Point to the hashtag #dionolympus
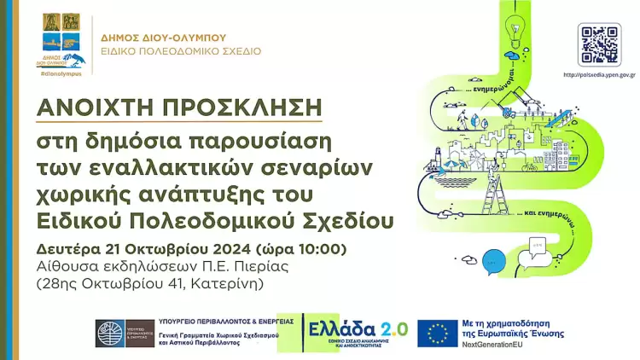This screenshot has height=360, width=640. (59, 75)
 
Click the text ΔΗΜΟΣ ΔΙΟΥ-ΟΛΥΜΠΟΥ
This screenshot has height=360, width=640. (163, 38)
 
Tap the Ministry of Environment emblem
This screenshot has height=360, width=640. (125, 334)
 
